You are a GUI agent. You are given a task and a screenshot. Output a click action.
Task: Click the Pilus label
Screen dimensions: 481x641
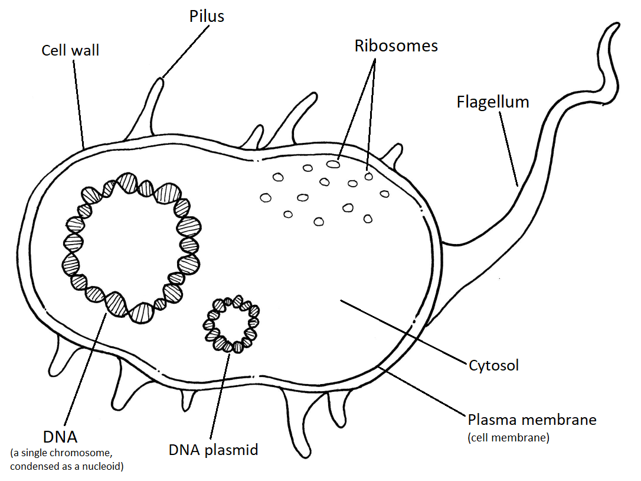click(207, 16)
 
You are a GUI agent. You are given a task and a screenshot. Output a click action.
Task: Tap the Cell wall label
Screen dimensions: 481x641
click(70, 50)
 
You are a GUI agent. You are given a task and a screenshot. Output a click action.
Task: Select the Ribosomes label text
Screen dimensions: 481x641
click(396, 46)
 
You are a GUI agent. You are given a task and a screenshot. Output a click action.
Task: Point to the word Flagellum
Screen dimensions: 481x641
click(493, 102)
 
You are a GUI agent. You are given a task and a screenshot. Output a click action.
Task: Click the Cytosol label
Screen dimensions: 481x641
click(494, 365)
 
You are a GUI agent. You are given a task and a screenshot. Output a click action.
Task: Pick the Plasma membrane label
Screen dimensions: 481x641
click(532, 420)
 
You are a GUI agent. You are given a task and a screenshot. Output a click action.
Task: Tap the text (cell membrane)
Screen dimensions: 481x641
click(508, 438)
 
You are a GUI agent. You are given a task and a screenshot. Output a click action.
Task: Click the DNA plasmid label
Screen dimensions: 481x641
click(213, 450)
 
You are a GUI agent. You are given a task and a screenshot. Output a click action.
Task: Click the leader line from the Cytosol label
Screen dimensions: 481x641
click(401, 330)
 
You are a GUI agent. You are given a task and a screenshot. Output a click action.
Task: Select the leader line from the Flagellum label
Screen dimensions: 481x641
click(508, 148)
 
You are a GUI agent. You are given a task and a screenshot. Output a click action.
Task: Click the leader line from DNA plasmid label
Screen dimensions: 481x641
click(220, 396)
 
